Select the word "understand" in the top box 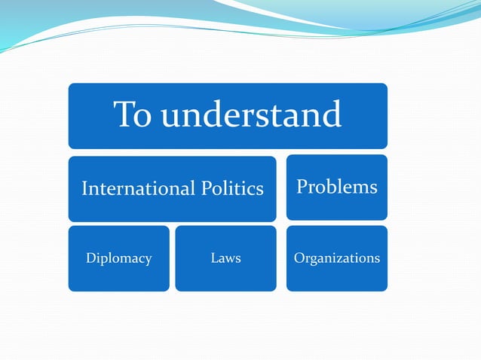(251, 115)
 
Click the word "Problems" (336, 186)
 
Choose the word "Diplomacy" (119, 258)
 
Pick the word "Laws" (225, 258)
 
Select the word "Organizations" (336, 258)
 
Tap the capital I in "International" (84, 188)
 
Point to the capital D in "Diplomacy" (90, 258)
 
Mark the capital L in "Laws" (214, 258)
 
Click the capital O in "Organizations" (299, 258)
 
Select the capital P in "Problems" (302, 186)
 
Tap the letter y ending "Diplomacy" (148, 260)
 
